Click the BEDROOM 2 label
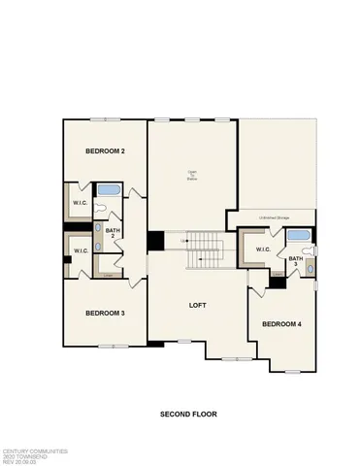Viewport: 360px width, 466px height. coord(105,151)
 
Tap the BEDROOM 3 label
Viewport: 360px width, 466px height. coord(105,313)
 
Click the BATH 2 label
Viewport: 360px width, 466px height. coord(113,232)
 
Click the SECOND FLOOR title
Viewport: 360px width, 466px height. coord(188,414)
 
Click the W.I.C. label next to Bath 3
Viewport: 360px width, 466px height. coord(263,250)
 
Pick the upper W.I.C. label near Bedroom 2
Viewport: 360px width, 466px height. coord(81,202)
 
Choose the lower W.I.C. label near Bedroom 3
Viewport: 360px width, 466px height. coord(81,251)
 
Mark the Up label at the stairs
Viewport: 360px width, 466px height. coord(183,241)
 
